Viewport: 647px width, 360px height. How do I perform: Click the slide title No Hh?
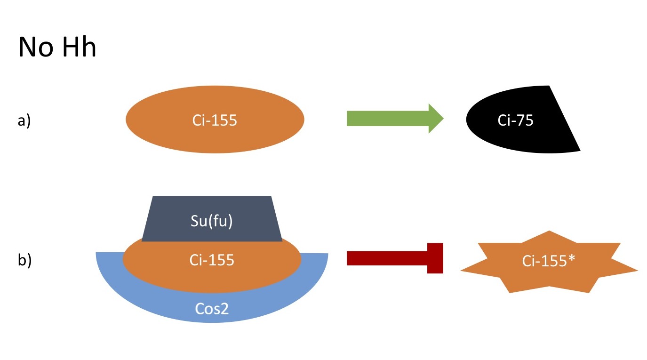57,47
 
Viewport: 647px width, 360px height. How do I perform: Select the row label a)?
24,121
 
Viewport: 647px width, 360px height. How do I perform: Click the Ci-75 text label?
515,120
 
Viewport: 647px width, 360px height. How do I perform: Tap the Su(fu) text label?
211,221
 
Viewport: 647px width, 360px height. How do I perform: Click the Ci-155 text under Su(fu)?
211,260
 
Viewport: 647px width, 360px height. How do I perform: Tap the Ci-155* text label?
549,261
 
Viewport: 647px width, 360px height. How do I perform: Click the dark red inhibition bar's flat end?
435,258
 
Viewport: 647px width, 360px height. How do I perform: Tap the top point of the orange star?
549,233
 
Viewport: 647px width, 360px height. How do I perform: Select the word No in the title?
34,47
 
